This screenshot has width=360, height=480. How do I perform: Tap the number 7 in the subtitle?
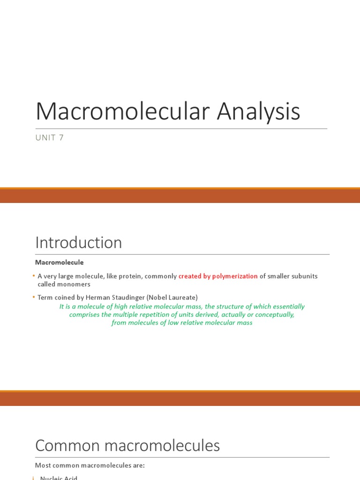(x=61, y=138)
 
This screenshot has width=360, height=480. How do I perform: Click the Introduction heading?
(x=78, y=243)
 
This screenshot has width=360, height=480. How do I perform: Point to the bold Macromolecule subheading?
(x=60, y=262)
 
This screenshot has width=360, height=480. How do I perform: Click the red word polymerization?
(x=235, y=276)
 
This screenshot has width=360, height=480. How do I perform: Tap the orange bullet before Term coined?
(x=34, y=297)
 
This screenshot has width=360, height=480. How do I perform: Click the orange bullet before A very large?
(x=34, y=276)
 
